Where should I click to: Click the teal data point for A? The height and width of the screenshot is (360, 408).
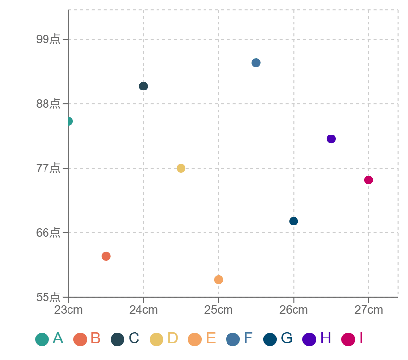(68, 121)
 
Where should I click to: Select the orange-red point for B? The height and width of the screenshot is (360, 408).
(106, 256)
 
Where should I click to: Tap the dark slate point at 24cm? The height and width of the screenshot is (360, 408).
(143, 86)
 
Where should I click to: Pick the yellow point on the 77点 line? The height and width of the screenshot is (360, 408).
(181, 168)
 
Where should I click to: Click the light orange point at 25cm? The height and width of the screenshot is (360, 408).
(219, 280)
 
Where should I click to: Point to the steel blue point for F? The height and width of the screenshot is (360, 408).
(256, 63)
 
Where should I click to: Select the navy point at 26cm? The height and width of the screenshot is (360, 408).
(294, 221)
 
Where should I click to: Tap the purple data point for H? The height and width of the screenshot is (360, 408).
(331, 139)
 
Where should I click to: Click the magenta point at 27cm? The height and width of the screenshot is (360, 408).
(368, 180)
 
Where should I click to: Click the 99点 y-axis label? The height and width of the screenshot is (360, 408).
(48, 39)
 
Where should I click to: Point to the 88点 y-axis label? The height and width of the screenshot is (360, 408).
(48, 104)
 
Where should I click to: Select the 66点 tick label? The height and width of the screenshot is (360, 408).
(48, 232)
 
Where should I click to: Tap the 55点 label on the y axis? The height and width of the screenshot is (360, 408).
(48, 297)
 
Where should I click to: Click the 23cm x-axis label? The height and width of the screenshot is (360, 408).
(68, 310)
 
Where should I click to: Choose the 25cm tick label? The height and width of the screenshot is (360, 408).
(219, 310)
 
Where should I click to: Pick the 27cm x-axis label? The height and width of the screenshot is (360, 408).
(368, 310)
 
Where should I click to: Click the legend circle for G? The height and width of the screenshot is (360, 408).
(270, 339)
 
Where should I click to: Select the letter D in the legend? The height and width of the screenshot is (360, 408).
(173, 338)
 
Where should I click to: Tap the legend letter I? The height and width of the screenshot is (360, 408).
(361, 338)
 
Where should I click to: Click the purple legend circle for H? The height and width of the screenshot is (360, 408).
(309, 339)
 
